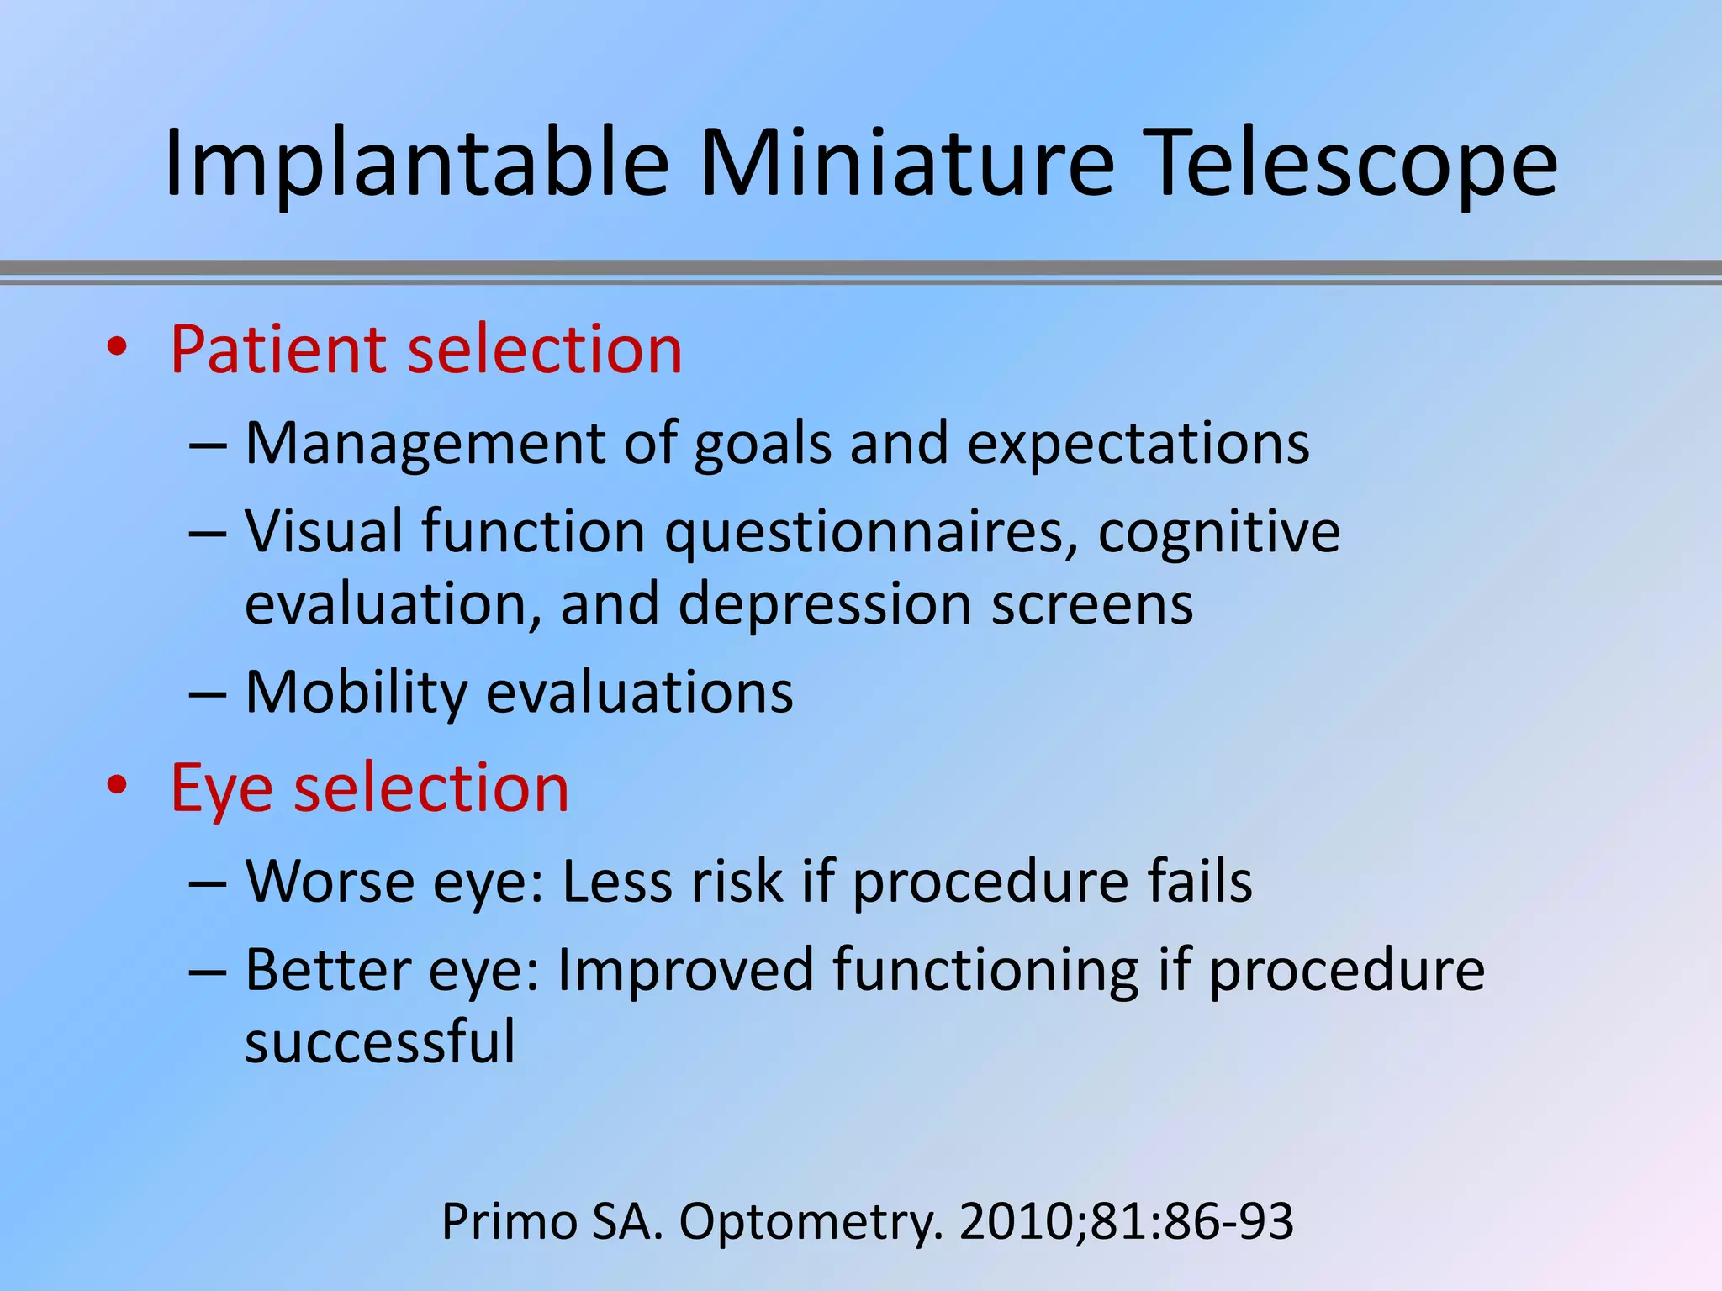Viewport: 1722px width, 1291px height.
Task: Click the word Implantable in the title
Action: pyautogui.click(x=416, y=164)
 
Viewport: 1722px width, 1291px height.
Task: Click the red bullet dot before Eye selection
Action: pyautogui.click(x=117, y=785)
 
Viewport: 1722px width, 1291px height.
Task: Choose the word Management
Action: pyautogui.click(x=425, y=444)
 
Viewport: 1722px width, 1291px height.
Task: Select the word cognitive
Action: pyautogui.click(x=1218, y=533)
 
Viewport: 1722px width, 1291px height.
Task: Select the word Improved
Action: pyautogui.click(x=685, y=970)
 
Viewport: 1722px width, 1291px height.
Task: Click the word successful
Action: pyautogui.click(x=379, y=1042)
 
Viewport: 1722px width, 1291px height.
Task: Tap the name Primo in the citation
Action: pyautogui.click(x=510, y=1221)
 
